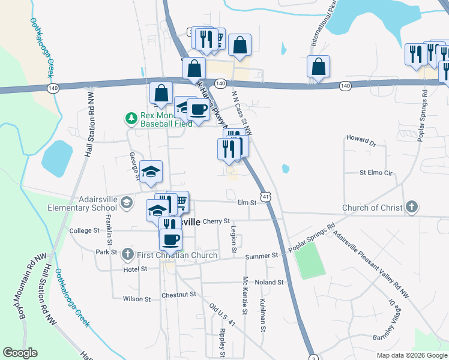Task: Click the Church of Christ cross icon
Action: click(x=411, y=208)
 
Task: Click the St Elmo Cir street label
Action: click(x=375, y=173)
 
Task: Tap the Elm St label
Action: click(x=247, y=203)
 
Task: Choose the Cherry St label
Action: click(x=216, y=221)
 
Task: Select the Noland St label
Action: click(x=268, y=282)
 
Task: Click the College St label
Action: click(x=84, y=230)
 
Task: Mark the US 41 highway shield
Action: click(x=265, y=196)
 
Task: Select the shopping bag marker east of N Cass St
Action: click(x=318, y=67)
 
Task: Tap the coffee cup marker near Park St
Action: click(x=170, y=239)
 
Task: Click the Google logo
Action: click(x=20, y=353)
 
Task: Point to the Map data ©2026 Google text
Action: click(x=411, y=355)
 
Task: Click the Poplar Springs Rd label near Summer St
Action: click(x=312, y=238)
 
